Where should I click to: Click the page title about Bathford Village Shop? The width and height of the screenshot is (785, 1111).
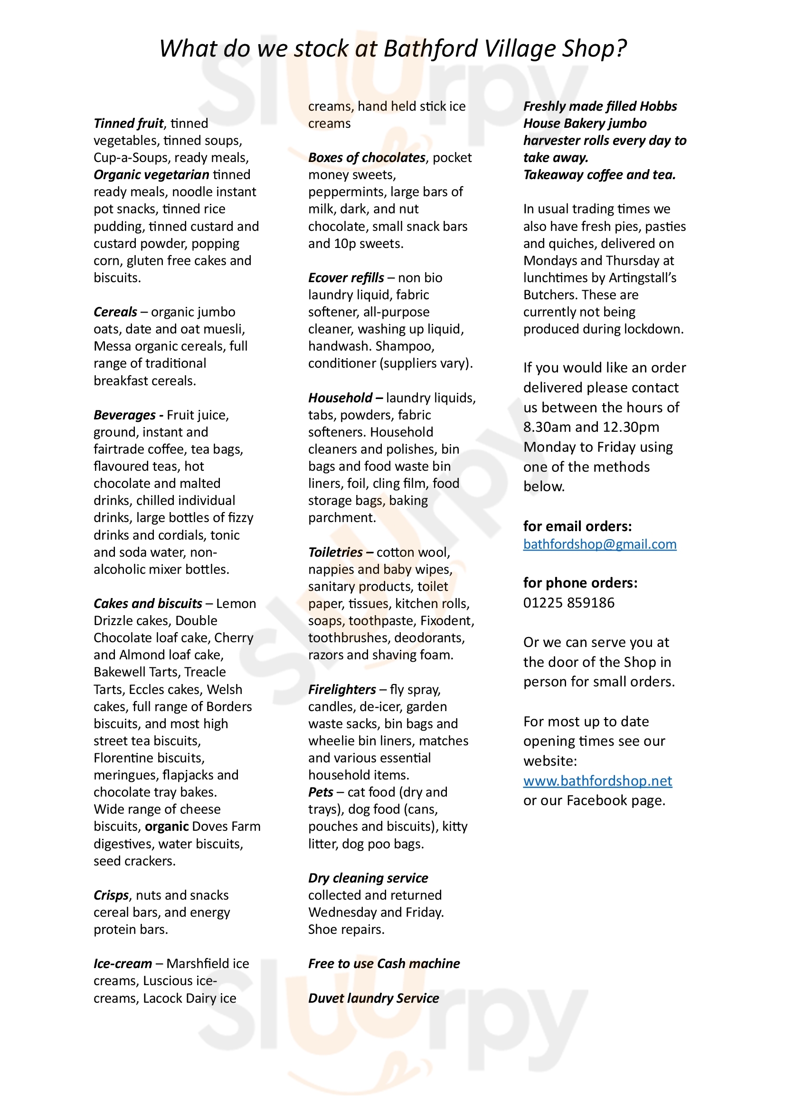click(392, 48)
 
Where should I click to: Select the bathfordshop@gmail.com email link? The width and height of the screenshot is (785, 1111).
click(599, 544)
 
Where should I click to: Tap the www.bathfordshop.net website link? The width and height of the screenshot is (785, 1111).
click(597, 780)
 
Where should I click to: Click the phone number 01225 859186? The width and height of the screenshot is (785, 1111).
click(568, 602)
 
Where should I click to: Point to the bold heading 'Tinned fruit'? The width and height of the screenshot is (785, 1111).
click(128, 123)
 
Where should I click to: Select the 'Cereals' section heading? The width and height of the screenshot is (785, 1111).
click(115, 312)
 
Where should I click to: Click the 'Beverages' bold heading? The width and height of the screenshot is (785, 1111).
click(124, 415)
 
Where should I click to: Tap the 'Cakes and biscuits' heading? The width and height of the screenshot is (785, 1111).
click(148, 603)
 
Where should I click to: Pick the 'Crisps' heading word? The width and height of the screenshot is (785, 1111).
click(111, 895)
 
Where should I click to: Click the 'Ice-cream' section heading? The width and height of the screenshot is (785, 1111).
click(123, 963)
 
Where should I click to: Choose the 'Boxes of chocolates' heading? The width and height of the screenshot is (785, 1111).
click(367, 157)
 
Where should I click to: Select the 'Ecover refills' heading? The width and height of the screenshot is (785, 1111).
click(346, 278)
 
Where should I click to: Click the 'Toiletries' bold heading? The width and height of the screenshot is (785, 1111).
click(336, 552)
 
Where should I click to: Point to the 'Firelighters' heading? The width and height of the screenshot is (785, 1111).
click(342, 689)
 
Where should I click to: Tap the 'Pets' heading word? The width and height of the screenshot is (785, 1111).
click(321, 792)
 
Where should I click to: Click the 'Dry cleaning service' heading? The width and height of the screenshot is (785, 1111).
click(368, 878)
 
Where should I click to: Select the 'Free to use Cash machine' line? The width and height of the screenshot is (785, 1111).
click(384, 963)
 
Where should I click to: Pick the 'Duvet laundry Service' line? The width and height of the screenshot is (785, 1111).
click(373, 998)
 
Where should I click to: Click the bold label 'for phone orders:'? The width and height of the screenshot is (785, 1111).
click(580, 583)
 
